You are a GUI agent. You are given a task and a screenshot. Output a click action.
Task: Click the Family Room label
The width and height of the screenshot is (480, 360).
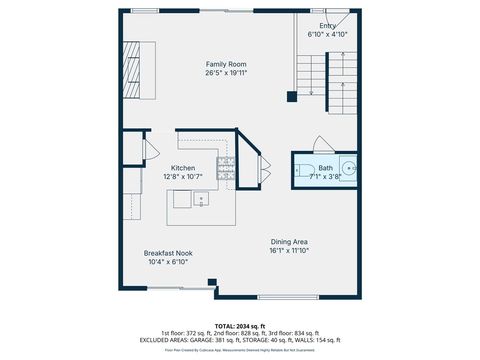pyautogui.click(x=226, y=62)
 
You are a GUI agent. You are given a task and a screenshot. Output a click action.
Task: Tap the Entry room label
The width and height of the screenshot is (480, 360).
pyautogui.click(x=327, y=26)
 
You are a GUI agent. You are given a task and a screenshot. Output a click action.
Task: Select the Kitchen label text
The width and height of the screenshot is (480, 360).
pyautogui.click(x=183, y=168)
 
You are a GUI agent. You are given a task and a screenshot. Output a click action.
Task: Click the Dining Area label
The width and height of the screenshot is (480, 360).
pyautogui.click(x=288, y=242)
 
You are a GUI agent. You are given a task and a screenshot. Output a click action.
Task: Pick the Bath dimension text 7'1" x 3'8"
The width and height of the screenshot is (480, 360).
pyautogui.click(x=326, y=177)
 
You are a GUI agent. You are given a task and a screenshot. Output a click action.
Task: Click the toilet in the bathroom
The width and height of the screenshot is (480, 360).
pyautogui.click(x=303, y=171)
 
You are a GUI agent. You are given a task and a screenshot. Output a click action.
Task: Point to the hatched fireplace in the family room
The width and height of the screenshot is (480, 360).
pyautogui.click(x=133, y=71)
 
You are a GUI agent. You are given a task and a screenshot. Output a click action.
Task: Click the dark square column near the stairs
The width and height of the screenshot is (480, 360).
pyautogui.click(x=291, y=97)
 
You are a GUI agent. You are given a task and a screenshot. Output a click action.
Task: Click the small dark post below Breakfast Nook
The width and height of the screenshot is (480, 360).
pyautogui.click(x=210, y=282)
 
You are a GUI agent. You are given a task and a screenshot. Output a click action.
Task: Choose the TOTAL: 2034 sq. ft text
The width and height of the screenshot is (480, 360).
pyautogui.click(x=239, y=325)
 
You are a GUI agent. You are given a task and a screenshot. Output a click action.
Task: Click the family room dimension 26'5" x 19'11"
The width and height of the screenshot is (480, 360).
pyautogui.click(x=226, y=72)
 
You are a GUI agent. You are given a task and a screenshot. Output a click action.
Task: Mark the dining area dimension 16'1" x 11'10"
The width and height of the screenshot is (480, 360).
pyautogui.click(x=288, y=252)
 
